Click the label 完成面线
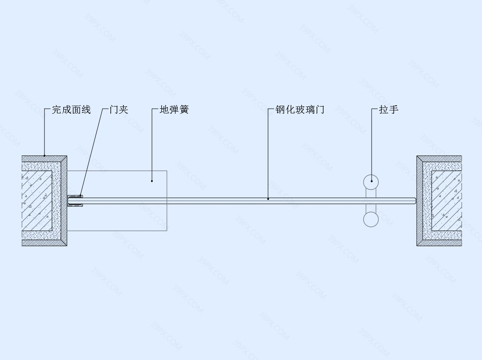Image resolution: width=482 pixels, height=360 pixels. point(71,110)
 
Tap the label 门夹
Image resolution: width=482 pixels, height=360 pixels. point(119,110)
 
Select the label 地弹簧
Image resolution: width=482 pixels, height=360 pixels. point(174,110)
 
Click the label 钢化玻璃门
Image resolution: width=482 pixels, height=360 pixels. point(300,110)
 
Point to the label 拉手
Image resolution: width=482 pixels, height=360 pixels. point(389,110)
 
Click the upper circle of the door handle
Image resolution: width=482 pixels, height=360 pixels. point(371,175)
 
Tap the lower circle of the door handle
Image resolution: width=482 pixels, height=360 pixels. point(371,226)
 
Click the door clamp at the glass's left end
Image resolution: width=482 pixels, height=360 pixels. point(75,201)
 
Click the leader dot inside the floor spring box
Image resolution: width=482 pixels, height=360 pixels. point(152,181)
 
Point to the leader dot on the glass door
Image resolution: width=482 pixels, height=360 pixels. point(268,199)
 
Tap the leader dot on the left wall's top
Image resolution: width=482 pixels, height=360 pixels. point(44,156)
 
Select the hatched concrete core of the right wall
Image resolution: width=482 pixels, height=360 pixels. point(447,201)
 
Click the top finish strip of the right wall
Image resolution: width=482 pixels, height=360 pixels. point(439,158)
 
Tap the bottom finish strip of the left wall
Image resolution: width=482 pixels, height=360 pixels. point(44,243)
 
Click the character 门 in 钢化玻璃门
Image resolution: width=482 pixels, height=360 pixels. point(319,110)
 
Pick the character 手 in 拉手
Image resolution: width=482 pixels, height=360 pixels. point(393,110)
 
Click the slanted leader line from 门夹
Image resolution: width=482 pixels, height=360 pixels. point(91,152)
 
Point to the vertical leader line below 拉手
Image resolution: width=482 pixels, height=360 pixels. point(371,145)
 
